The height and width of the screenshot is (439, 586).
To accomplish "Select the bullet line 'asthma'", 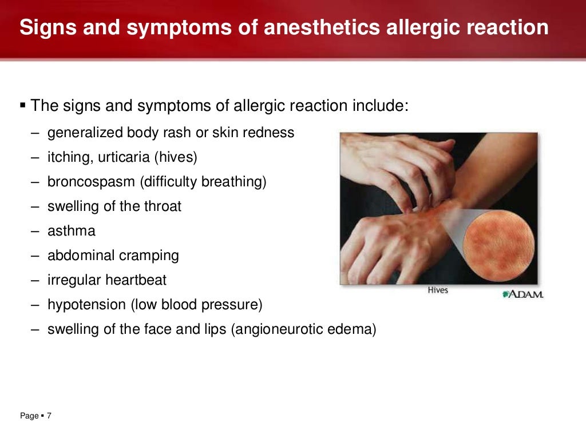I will click(x=72, y=232).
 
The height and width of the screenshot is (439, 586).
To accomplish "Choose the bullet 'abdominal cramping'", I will click(x=113, y=256).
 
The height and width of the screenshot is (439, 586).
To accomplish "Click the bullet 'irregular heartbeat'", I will click(x=107, y=280).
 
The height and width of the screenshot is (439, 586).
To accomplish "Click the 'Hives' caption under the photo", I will click(x=438, y=290).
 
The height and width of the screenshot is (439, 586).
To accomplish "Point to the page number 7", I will click(x=49, y=416).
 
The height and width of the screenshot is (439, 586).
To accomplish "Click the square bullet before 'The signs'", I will click(x=23, y=105).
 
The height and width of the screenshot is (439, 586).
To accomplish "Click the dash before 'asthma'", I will click(x=35, y=232).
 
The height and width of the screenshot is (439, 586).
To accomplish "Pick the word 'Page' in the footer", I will click(x=29, y=416).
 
